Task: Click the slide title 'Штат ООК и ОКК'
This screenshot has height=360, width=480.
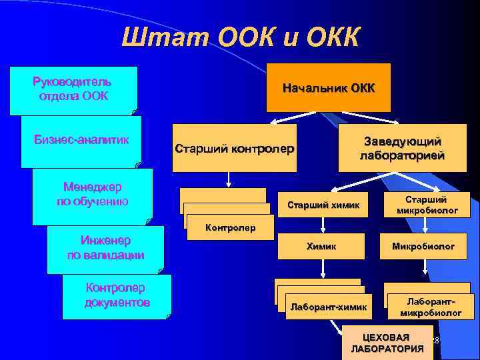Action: (241, 37)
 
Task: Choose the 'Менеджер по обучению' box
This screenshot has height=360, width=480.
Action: (93, 194)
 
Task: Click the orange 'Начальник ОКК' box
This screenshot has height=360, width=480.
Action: (329, 88)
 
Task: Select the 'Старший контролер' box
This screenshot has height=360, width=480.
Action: (233, 148)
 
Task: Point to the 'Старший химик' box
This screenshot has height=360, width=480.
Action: (323, 205)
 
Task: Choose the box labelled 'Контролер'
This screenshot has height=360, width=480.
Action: (231, 228)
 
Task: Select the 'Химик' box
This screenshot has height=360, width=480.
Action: (321, 246)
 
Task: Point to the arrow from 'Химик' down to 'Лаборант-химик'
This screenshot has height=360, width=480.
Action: (323, 268)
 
